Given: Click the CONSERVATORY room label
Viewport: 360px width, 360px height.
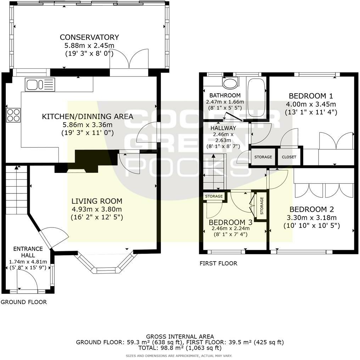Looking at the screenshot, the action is (x=89, y=37).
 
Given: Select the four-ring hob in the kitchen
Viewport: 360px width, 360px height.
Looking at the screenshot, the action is (x=13, y=115).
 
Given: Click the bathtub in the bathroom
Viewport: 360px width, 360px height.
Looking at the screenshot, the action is (x=256, y=98).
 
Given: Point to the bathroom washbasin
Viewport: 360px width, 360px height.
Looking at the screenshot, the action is (x=231, y=83).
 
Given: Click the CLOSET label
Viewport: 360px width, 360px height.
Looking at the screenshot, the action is (x=289, y=157).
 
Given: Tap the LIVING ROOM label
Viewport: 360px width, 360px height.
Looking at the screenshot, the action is (x=97, y=201).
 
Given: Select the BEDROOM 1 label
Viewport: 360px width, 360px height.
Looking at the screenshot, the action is (x=311, y=96).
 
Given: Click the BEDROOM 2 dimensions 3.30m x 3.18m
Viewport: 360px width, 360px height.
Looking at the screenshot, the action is (x=312, y=218).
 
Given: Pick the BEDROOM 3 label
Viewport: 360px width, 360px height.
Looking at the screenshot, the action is (x=231, y=222).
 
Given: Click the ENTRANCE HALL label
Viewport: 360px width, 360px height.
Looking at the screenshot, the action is (x=28, y=252).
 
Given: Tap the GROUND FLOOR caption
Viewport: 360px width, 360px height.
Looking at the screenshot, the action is (x=24, y=302).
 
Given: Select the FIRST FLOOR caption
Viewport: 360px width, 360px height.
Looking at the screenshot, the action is (x=218, y=263).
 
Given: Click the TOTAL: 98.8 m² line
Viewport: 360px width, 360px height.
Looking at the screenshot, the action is (x=180, y=348).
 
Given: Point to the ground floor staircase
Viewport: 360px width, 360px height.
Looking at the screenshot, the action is (x=17, y=190).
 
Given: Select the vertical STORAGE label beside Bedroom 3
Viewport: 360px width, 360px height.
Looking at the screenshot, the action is (x=262, y=206).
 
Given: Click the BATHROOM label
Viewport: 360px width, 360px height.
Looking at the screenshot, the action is (x=225, y=95).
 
